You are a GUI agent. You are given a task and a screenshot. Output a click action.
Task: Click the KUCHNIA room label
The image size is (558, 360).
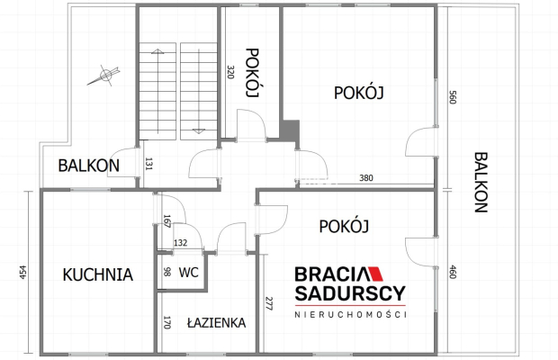98,274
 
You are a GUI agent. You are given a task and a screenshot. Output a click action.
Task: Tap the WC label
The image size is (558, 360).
189,273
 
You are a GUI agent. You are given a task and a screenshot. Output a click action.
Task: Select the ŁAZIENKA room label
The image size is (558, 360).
216,322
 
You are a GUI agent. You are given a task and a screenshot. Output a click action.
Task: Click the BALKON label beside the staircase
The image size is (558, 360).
88,166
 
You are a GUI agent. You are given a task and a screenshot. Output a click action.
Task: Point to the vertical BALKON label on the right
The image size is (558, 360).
481,182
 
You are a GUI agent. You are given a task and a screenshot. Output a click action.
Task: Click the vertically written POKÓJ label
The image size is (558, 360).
252,73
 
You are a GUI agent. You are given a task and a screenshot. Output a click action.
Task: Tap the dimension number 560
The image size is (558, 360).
453,97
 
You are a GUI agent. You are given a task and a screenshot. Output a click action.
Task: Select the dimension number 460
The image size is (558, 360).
453,272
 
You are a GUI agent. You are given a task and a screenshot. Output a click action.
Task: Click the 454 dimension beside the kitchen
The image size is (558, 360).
23,272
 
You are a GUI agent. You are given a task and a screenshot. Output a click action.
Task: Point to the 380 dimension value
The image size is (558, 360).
366,177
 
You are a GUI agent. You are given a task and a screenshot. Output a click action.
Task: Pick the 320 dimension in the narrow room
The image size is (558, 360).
231,72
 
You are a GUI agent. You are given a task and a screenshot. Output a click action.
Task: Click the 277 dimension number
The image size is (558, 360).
269,303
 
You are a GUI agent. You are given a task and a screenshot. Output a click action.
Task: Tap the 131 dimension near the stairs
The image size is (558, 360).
148,164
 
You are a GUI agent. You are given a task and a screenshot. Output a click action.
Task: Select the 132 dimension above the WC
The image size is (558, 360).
180,243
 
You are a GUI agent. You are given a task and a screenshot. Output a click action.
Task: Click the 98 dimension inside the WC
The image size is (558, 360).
166,272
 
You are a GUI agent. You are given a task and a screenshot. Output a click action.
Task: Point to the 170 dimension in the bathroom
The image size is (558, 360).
167,322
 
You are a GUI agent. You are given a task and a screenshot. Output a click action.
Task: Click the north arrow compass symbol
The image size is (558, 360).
103,76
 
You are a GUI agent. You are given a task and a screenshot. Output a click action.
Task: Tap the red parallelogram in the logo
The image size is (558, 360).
374,274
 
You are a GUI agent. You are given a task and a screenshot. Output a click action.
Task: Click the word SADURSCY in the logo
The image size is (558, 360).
350,293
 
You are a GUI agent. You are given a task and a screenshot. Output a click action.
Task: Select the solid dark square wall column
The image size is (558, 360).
291,130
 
